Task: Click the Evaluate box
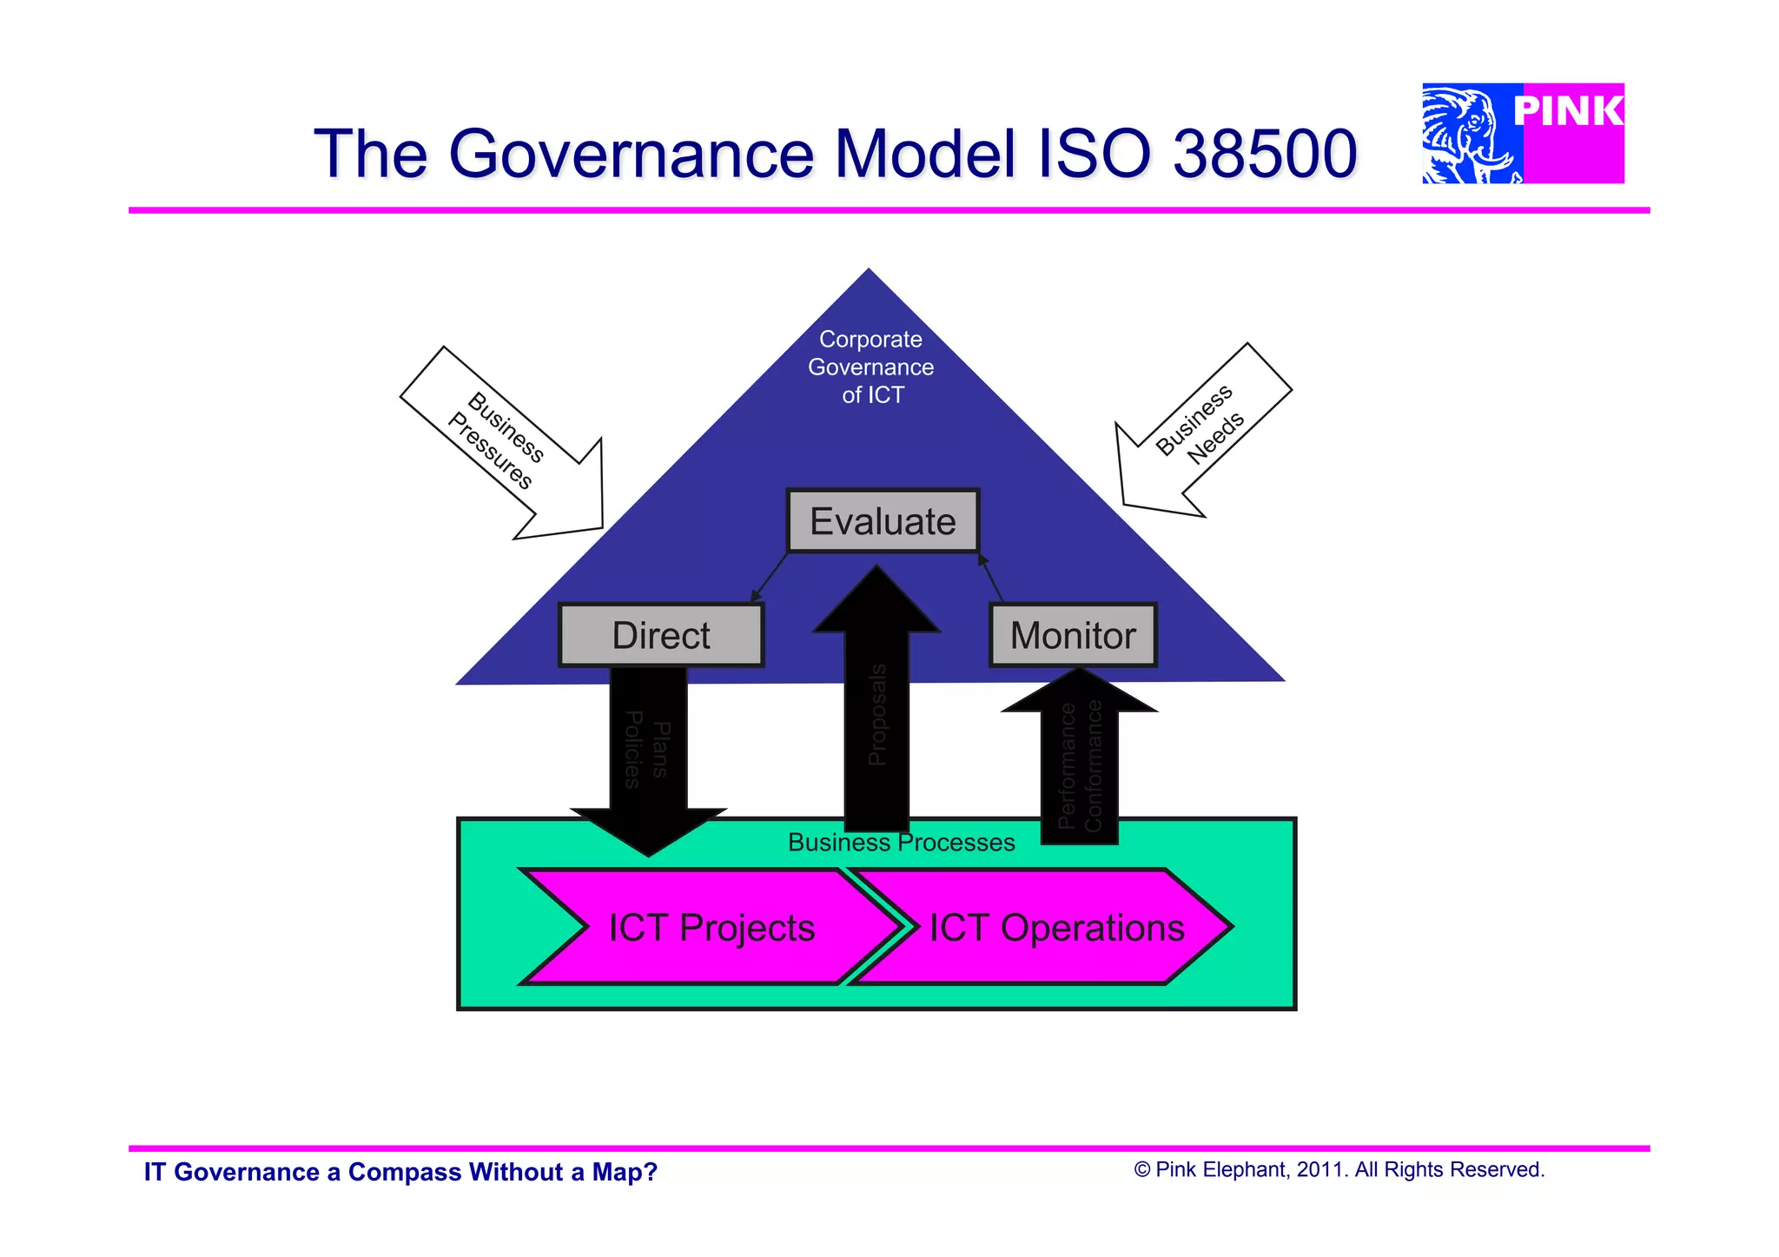[x=883, y=521]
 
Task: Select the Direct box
[x=661, y=635]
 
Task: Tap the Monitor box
[x=1073, y=635]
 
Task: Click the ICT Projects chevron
[x=711, y=927]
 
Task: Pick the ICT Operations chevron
[x=1056, y=927]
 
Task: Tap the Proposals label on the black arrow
[x=877, y=715]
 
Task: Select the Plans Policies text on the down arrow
[x=647, y=749]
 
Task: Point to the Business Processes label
[x=901, y=843]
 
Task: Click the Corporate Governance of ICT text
[x=871, y=367]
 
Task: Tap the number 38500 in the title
[x=1264, y=154]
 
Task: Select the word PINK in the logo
[x=1569, y=112]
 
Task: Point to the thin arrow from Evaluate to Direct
[x=770, y=577]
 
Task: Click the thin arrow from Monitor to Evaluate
[x=990, y=577]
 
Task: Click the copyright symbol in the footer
[x=1142, y=1170]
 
